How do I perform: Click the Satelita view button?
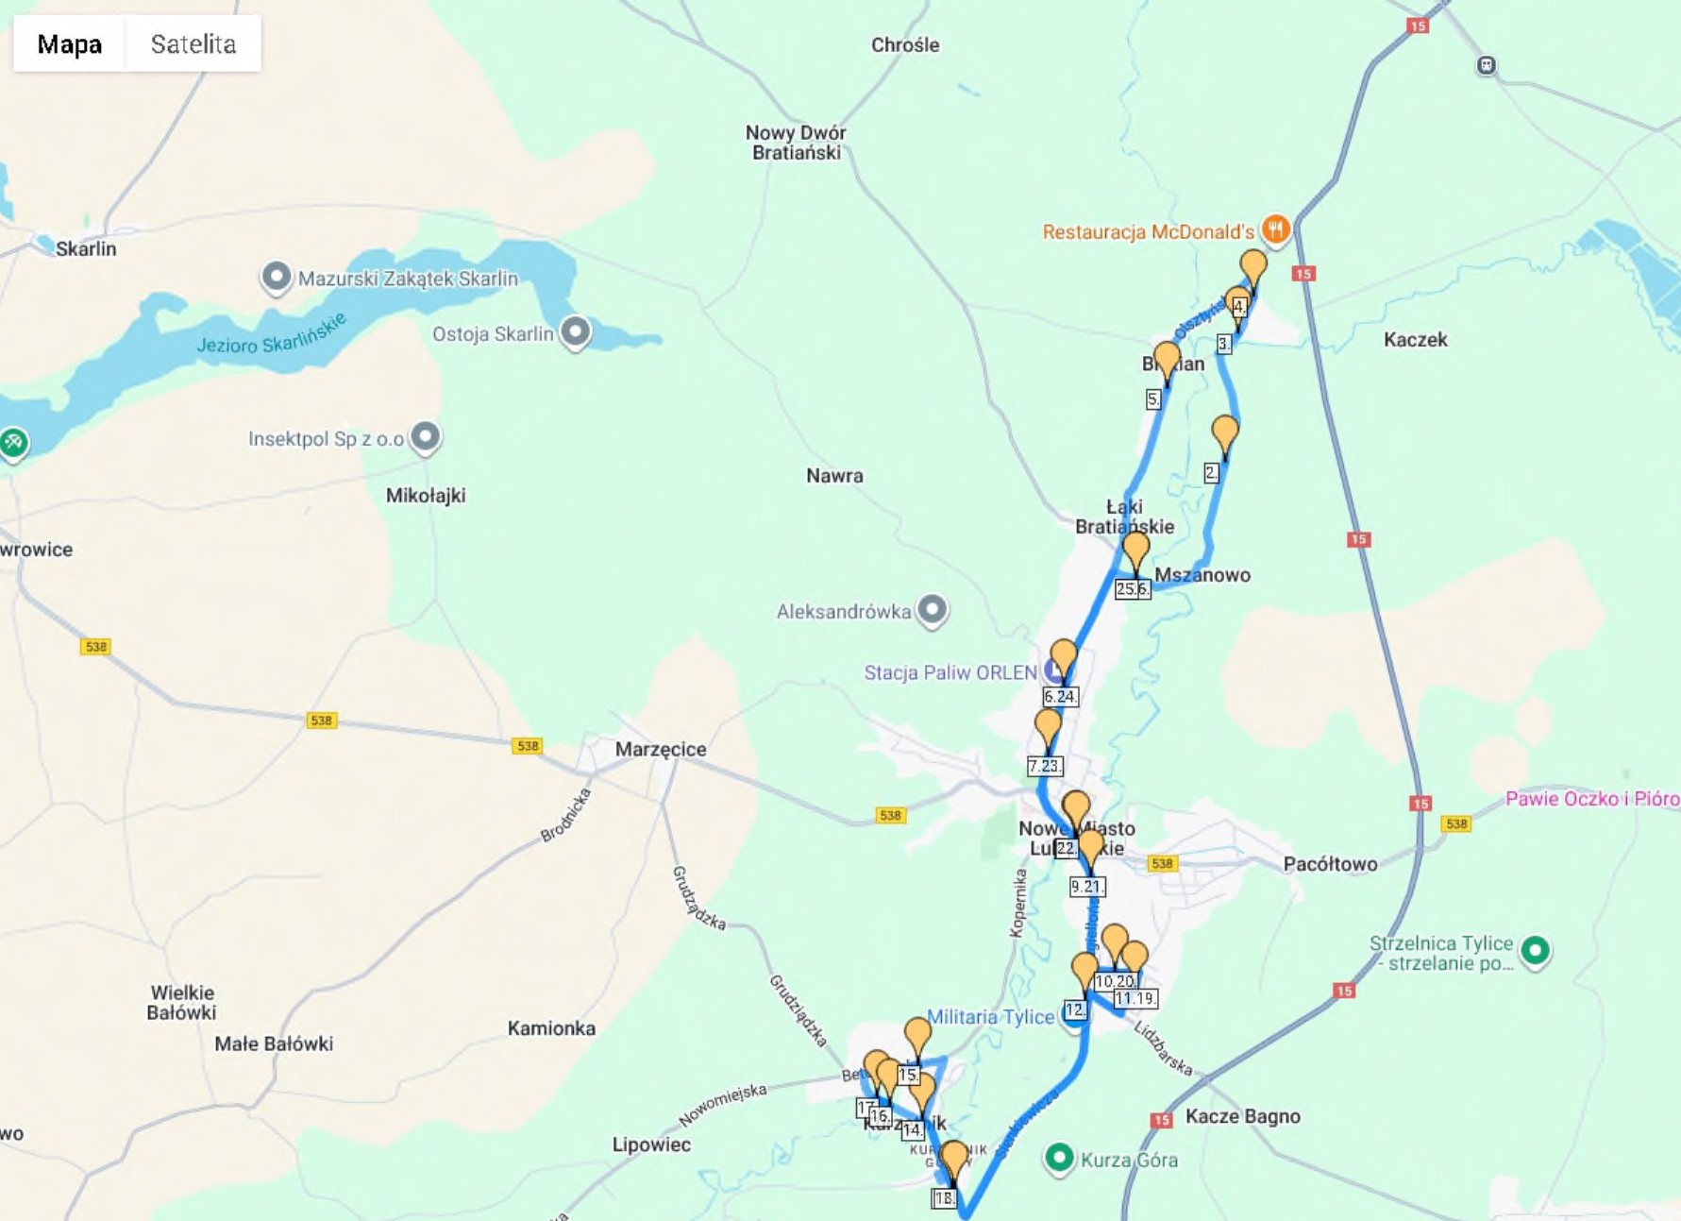pos(193,44)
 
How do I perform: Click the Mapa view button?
pos(69,44)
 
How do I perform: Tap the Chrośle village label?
pos(904,45)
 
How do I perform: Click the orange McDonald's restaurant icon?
pos(1275,229)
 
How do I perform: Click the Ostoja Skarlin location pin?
pos(575,331)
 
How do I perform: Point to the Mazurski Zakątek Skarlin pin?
pos(276,278)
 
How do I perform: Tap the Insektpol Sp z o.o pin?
pos(426,436)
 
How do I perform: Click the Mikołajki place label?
pos(425,496)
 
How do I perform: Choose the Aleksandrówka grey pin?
pos(932,609)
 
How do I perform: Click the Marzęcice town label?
pos(660,750)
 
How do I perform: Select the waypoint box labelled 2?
pos(1212,473)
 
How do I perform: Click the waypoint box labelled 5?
pos(1153,399)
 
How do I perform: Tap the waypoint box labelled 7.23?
pos(1045,766)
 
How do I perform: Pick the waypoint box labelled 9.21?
pos(1086,887)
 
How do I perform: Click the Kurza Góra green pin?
pos(1059,1157)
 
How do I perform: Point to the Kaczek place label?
pos(1415,340)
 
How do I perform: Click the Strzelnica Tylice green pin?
pos(1535,950)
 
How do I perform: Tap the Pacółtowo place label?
pos(1330,864)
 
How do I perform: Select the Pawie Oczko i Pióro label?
pos(1591,799)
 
